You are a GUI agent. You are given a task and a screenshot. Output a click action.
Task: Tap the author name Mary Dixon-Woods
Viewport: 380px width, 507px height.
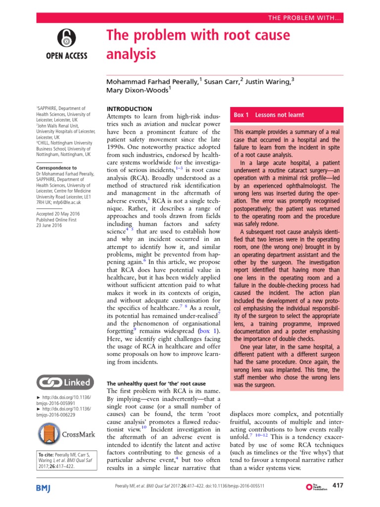click(138, 90)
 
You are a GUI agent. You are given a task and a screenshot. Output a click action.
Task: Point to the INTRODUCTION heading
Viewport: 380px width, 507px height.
click(130, 109)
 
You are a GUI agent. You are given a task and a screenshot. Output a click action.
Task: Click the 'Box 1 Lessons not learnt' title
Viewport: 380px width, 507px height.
click(269, 115)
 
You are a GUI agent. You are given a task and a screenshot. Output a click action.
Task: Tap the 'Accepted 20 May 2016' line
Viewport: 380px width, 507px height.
click(58, 213)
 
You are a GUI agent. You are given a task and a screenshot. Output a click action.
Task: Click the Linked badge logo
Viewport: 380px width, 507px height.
click(64, 382)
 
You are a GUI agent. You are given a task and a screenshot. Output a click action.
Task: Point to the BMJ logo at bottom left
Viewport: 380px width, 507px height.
click(47, 487)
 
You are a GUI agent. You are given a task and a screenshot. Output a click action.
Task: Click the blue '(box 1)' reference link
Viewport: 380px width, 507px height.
click(208, 330)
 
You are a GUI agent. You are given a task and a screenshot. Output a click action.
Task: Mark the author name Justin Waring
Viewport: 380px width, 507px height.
click(267, 81)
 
